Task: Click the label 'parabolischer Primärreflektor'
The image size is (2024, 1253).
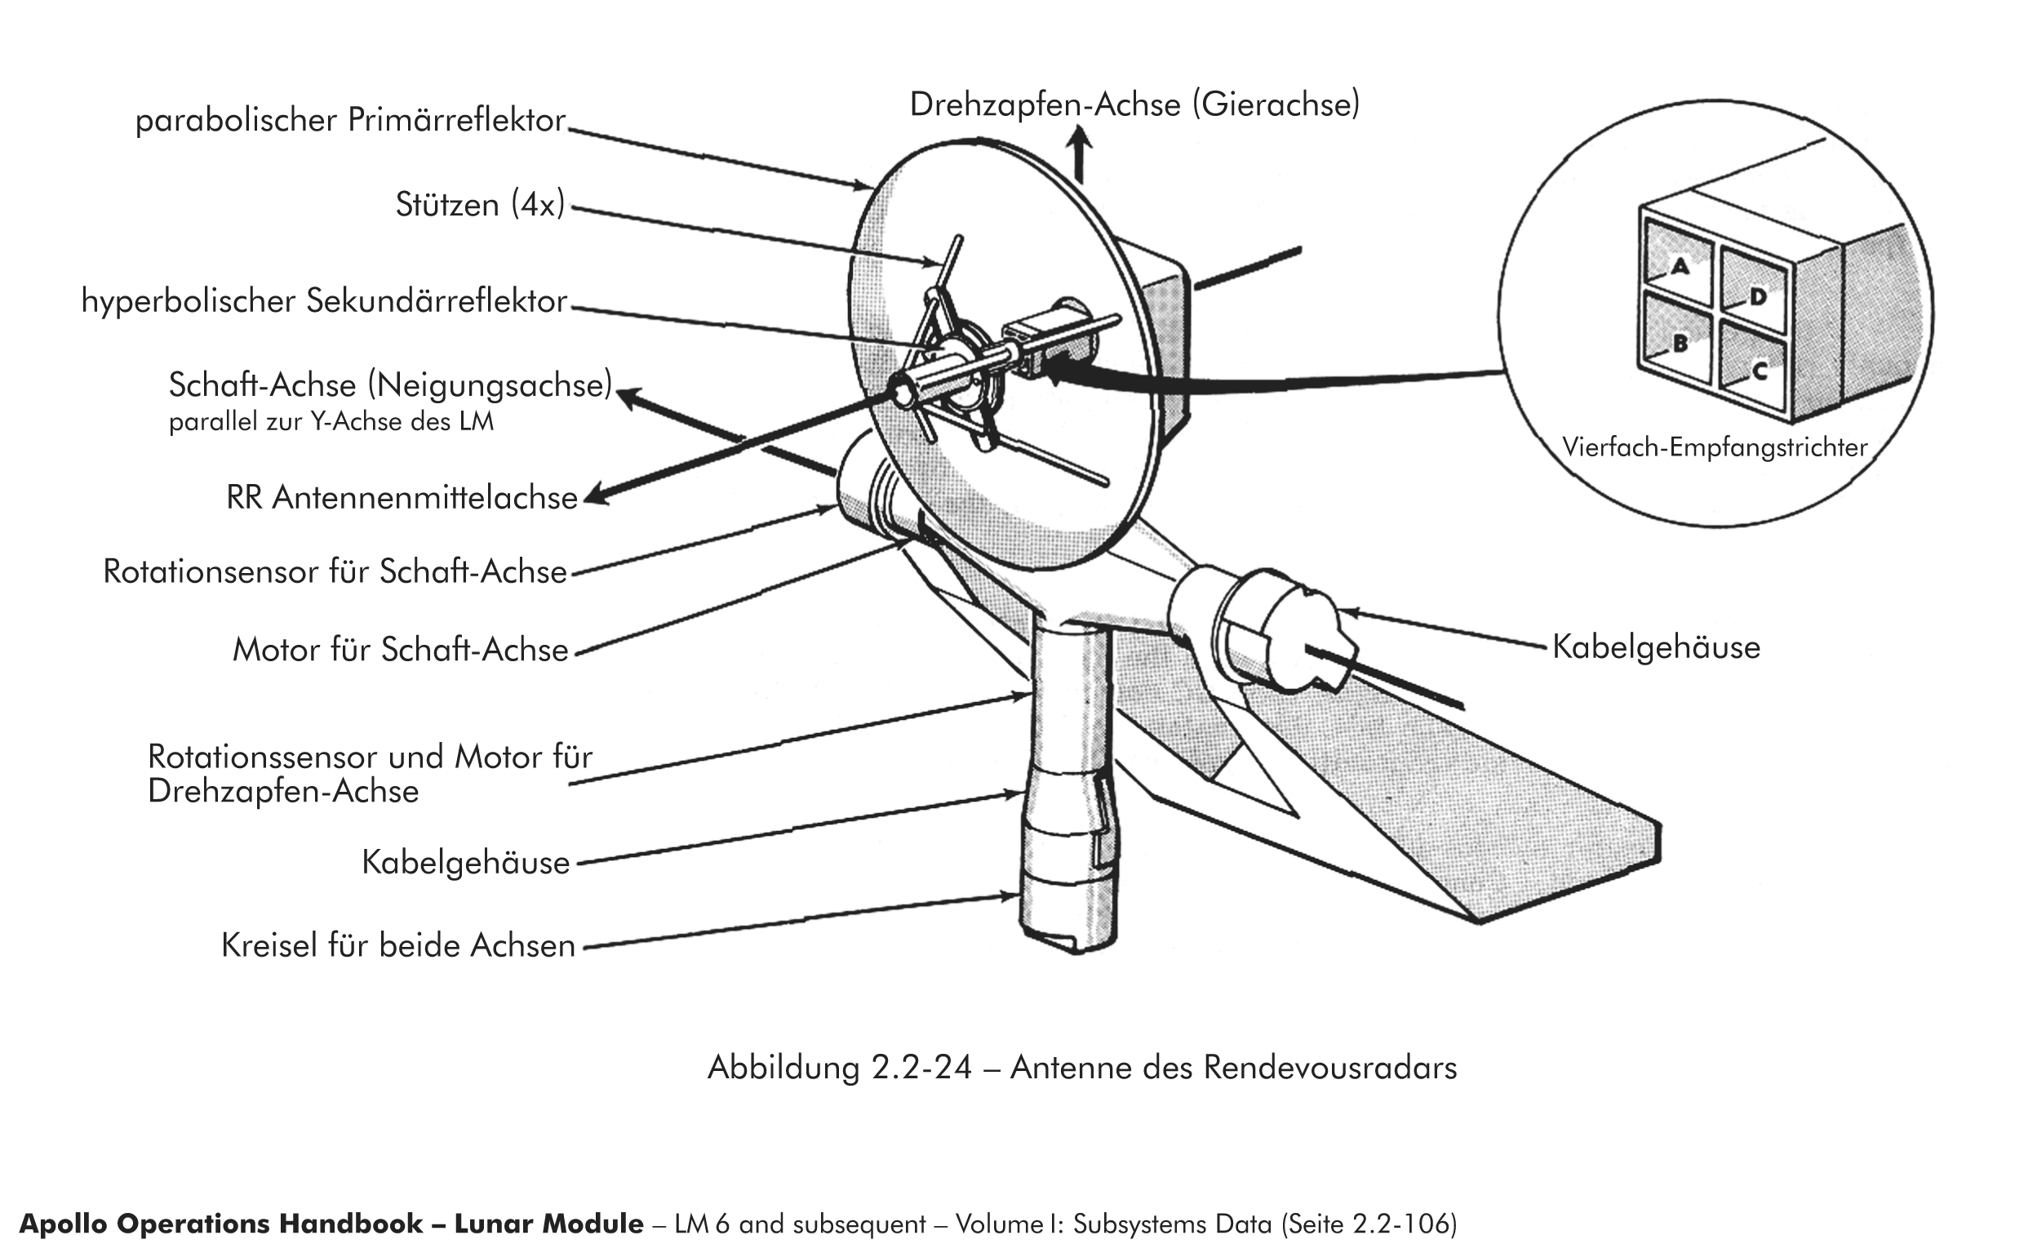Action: click(350, 121)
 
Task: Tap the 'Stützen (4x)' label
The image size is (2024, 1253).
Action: click(480, 205)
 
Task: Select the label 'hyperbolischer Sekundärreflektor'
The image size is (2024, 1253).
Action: click(324, 301)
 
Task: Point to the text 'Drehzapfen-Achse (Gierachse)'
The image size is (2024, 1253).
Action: click(1134, 105)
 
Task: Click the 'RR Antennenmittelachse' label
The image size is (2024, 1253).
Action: click(402, 498)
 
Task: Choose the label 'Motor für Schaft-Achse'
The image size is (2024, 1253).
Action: click(400, 650)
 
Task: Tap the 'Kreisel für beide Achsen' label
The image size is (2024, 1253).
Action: click(397, 945)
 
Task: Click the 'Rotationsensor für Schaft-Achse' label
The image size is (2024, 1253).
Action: click(335, 571)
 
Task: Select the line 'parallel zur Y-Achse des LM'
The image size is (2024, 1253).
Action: click(331, 422)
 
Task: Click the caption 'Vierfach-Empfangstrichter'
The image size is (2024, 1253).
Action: click(1714, 447)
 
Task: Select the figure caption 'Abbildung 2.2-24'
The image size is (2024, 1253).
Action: click(839, 1068)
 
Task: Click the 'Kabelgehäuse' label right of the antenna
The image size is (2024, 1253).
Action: click(1655, 647)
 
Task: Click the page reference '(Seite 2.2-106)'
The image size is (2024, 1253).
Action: click(1368, 1224)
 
